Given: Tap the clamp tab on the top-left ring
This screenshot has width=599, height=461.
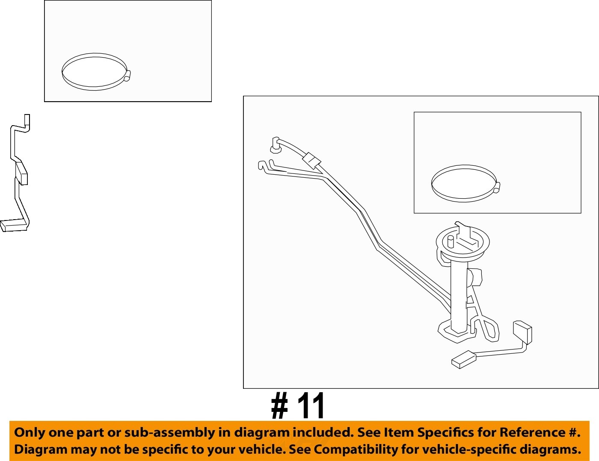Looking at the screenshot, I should (127, 76).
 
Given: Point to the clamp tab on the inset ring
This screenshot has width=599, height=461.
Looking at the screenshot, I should (497, 188).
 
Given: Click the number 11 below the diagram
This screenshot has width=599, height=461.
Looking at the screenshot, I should (311, 406).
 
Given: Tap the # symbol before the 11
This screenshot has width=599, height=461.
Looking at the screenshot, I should (279, 406).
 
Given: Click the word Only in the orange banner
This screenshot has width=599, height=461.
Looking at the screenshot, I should (30, 432).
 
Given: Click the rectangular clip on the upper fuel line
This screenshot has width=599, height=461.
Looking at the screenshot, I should (311, 160).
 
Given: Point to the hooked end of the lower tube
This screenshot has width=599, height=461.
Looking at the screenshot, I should (261, 165).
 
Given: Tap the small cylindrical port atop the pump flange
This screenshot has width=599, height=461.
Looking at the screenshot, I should (450, 242).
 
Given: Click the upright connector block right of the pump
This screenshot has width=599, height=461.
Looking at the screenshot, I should (522, 332).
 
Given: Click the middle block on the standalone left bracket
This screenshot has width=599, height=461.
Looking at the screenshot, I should (21, 173).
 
